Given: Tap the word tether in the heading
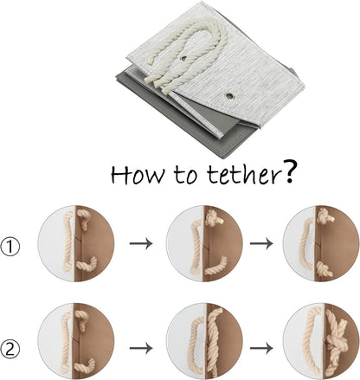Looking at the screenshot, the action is (x=244, y=174).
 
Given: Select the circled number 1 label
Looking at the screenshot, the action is (x=10, y=247).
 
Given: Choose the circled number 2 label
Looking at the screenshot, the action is (x=10, y=350).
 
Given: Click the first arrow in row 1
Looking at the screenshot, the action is (x=141, y=243).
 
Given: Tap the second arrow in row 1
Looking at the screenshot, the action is (x=261, y=243).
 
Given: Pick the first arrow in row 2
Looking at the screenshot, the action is (x=141, y=348).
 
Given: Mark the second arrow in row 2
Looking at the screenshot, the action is (x=261, y=348).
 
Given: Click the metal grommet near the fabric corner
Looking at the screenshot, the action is (x=229, y=96).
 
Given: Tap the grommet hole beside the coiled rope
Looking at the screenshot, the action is (x=183, y=58).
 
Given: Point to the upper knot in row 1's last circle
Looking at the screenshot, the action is (x=325, y=217).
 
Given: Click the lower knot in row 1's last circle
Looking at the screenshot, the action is (x=325, y=269).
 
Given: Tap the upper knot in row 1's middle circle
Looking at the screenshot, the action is (x=213, y=217).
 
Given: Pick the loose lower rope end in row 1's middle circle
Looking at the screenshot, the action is (x=216, y=267).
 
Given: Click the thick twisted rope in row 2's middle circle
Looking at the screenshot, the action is (x=214, y=342).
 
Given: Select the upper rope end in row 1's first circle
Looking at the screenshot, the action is (x=83, y=219).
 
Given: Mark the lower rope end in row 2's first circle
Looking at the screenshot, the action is (x=85, y=365).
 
